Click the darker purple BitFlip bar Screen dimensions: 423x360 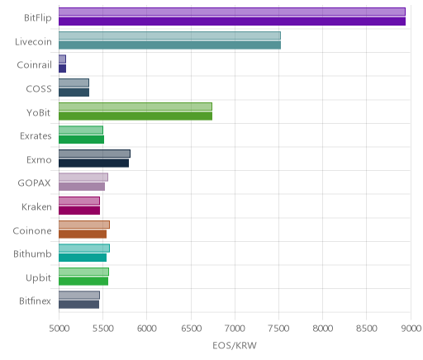pyautogui.click(x=232, y=21)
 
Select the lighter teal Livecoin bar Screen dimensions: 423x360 pyautogui.click(x=169, y=36)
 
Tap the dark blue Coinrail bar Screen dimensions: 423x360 pyautogui.click(x=62, y=69)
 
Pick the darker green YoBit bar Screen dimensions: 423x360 pyautogui.click(x=135, y=116)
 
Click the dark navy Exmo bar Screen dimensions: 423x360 pyautogui.click(x=93, y=163)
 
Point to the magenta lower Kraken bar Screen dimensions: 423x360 pyautogui.click(x=79, y=211)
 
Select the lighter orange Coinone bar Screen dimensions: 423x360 pyautogui.click(x=84, y=225)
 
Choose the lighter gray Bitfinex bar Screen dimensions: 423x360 pyautogui.click(x=79, y=295)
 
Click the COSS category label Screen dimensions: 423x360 pyautogui.click(x=39, y=89)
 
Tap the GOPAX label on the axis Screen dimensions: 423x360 pyautogui.click(x=34, y=183)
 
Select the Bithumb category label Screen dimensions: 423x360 pyautogui.click(x=32, y=253)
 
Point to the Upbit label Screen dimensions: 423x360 pyautogui.click(x=38, y=278)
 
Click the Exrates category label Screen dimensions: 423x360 pyautogui.click(x=36, y=136)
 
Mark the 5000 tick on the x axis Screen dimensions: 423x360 pyautogui.click(x=59, y=329)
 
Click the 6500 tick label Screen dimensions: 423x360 pyautogui.click(x=192, y=329)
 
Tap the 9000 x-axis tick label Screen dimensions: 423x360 pyautogui.click(x=411, y=329)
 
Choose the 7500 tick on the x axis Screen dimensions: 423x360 pyautogui.click(x=279, y=329)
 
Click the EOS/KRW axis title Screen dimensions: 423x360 pyautogui.click(x=235, y=345)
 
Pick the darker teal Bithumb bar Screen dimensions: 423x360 pyautogui.click(x=83, y=258)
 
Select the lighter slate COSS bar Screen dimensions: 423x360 pyautogui.click(x=74, y=83)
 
